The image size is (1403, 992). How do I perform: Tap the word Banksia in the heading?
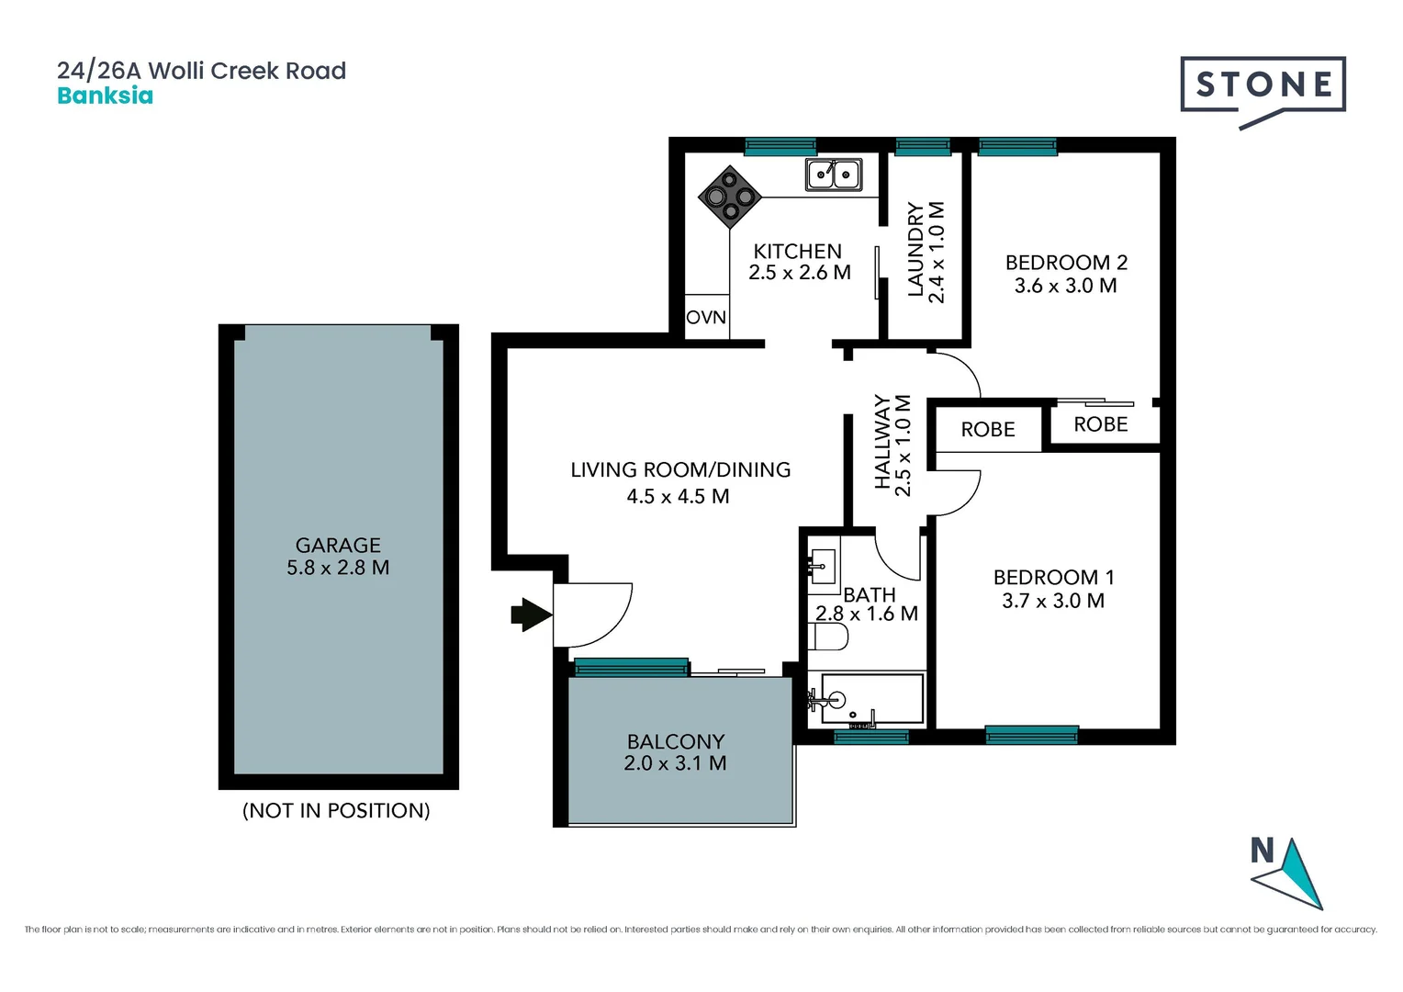(106, 96)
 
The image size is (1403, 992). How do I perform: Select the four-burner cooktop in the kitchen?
(730, 197)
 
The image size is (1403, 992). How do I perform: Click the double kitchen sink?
(834, 175)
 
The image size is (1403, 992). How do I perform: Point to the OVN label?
(706, 317)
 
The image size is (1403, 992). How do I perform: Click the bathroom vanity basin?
(823, 568)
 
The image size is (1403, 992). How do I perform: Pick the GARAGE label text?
(338, 546)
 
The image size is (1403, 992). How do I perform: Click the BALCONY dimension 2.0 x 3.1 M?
(675, 763)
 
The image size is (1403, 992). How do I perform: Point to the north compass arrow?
(1294, 874)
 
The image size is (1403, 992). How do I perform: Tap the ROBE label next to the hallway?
(988, 429)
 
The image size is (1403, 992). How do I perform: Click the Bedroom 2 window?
(1017, 147)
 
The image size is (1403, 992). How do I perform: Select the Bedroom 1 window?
(1031, 735)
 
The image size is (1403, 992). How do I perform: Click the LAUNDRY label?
(915, 250)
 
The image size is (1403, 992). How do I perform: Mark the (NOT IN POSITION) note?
(336, 811)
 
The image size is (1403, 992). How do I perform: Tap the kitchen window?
(780, 147)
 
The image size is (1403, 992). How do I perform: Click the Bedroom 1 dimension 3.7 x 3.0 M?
(1053, 601)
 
